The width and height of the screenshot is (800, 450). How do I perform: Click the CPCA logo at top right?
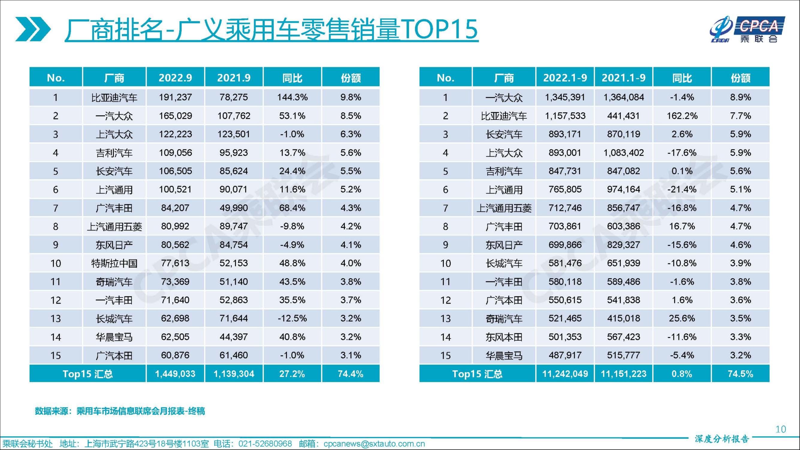747,29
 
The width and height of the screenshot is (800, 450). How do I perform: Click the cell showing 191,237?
175,97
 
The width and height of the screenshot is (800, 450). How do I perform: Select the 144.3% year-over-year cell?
292,97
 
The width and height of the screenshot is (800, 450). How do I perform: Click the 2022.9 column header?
175,77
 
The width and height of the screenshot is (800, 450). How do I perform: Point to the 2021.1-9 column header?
623,77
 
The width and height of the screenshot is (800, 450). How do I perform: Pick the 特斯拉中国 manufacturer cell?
114,263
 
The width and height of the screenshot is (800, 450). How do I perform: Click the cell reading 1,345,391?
565,97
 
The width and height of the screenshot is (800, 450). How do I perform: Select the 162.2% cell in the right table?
682,116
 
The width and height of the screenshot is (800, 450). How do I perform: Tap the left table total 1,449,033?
175,373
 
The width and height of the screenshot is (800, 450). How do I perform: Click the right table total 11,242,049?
565,373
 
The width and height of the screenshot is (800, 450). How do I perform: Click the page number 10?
781,429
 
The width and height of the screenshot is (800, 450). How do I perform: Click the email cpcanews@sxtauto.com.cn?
374,444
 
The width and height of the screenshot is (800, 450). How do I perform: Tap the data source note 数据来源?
120,411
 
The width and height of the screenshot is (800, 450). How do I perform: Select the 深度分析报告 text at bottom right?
722,439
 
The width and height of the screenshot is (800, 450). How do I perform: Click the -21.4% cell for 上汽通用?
682,189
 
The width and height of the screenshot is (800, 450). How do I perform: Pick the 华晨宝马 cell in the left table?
114,337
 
